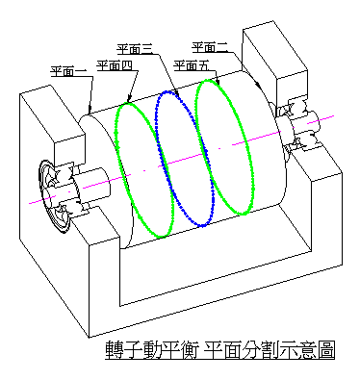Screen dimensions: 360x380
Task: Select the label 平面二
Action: (x=210, y=47)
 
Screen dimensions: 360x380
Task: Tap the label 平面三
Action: (x=134, y=49)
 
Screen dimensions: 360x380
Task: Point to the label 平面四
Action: (x=115, y=65)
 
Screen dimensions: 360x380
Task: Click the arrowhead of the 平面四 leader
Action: (x=129, y=98)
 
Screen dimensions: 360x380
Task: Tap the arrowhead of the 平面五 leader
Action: (x=218, y=82)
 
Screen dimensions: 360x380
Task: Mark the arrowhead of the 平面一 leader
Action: (x=90, y=111)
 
